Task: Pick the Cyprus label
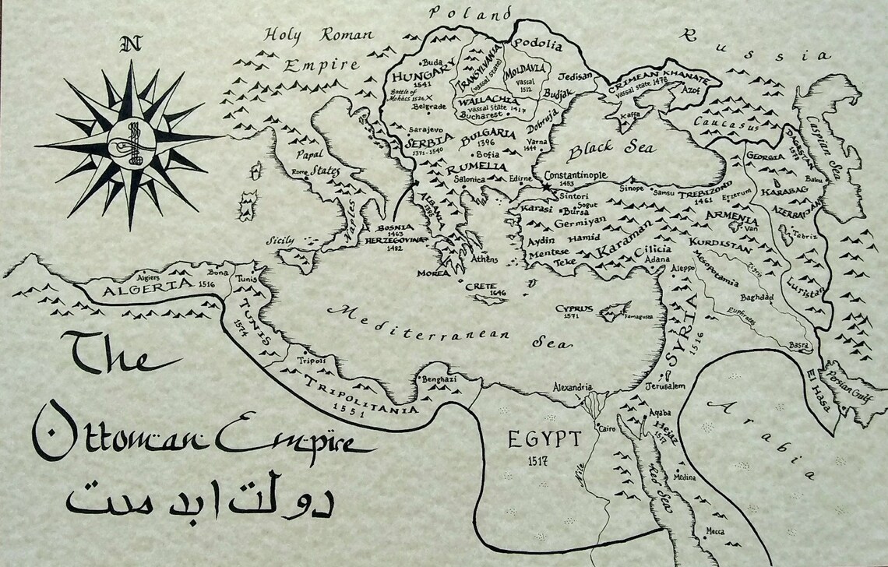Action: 574,308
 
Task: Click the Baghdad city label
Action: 756,298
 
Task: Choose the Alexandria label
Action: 573,387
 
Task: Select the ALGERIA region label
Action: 146,287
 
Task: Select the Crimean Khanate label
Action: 658,87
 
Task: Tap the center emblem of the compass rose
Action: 129,142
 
